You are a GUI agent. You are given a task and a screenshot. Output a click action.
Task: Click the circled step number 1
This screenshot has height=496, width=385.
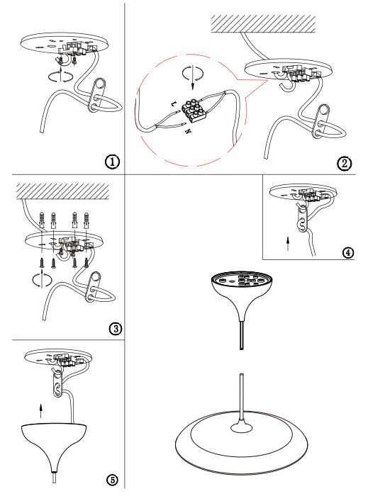113,162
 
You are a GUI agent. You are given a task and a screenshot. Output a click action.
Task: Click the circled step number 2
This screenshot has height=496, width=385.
345,164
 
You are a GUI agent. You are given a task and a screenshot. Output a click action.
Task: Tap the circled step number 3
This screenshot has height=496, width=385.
116,329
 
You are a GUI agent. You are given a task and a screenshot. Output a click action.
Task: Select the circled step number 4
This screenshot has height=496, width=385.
348,253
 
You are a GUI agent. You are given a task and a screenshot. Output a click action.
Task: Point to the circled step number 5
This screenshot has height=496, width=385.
112,480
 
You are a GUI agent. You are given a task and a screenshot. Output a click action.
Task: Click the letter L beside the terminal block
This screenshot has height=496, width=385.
173,103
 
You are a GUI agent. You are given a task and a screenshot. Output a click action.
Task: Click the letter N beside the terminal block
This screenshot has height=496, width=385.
188,131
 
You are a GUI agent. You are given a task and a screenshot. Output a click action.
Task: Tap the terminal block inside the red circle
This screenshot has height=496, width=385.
194,111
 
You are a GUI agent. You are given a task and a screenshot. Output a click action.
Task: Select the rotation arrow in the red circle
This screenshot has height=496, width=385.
193,74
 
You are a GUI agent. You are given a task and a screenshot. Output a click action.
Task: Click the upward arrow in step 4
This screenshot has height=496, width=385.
288,244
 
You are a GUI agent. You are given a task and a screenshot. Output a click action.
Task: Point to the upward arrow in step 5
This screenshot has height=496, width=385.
40,411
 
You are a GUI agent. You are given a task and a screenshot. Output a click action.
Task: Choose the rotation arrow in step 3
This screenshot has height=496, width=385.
42,280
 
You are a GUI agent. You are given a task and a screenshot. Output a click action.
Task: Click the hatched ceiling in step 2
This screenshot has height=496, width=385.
263,23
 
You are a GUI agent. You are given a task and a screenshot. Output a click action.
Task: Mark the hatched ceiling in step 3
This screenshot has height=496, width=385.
62,191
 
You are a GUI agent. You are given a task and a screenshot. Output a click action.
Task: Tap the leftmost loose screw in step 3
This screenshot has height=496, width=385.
42,263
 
